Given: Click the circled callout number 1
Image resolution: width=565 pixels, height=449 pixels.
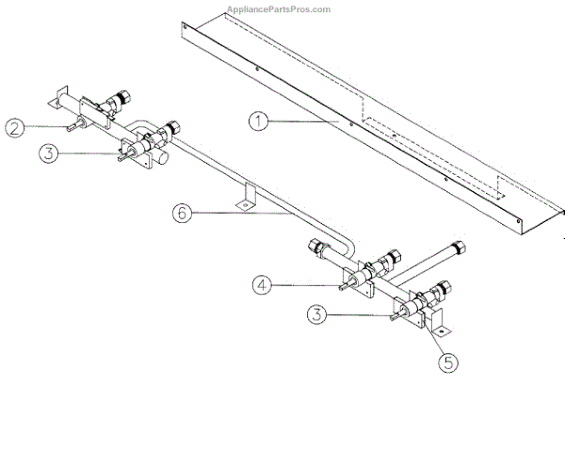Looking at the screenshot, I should coord(258,120).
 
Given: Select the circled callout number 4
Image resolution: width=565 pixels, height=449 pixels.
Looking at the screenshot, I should coord(262,282).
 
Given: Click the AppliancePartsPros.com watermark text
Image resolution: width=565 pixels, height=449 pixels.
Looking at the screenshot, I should coord(279,10).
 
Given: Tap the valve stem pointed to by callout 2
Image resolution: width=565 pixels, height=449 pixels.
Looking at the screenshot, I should coord(70,125).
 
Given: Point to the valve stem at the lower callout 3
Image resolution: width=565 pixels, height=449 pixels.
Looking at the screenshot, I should coord(388,317).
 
